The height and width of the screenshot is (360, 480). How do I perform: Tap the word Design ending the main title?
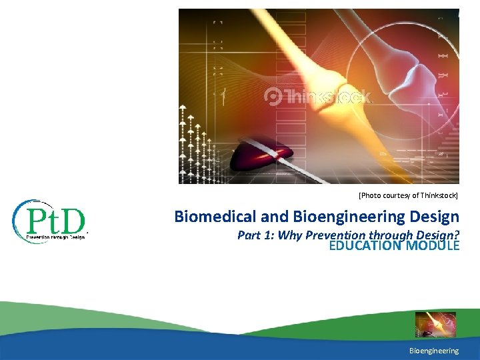[437, 217]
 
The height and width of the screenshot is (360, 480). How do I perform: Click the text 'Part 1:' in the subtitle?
[256, 235]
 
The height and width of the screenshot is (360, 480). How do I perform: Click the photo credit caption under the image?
[408, 195]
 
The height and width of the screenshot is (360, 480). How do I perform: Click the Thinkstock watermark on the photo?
[327, 97]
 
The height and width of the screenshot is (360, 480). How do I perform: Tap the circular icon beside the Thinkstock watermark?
[273, 97]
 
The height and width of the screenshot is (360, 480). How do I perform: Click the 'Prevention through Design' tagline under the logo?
[56, 236]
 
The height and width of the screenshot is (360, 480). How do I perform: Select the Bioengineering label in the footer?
[434, 351]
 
